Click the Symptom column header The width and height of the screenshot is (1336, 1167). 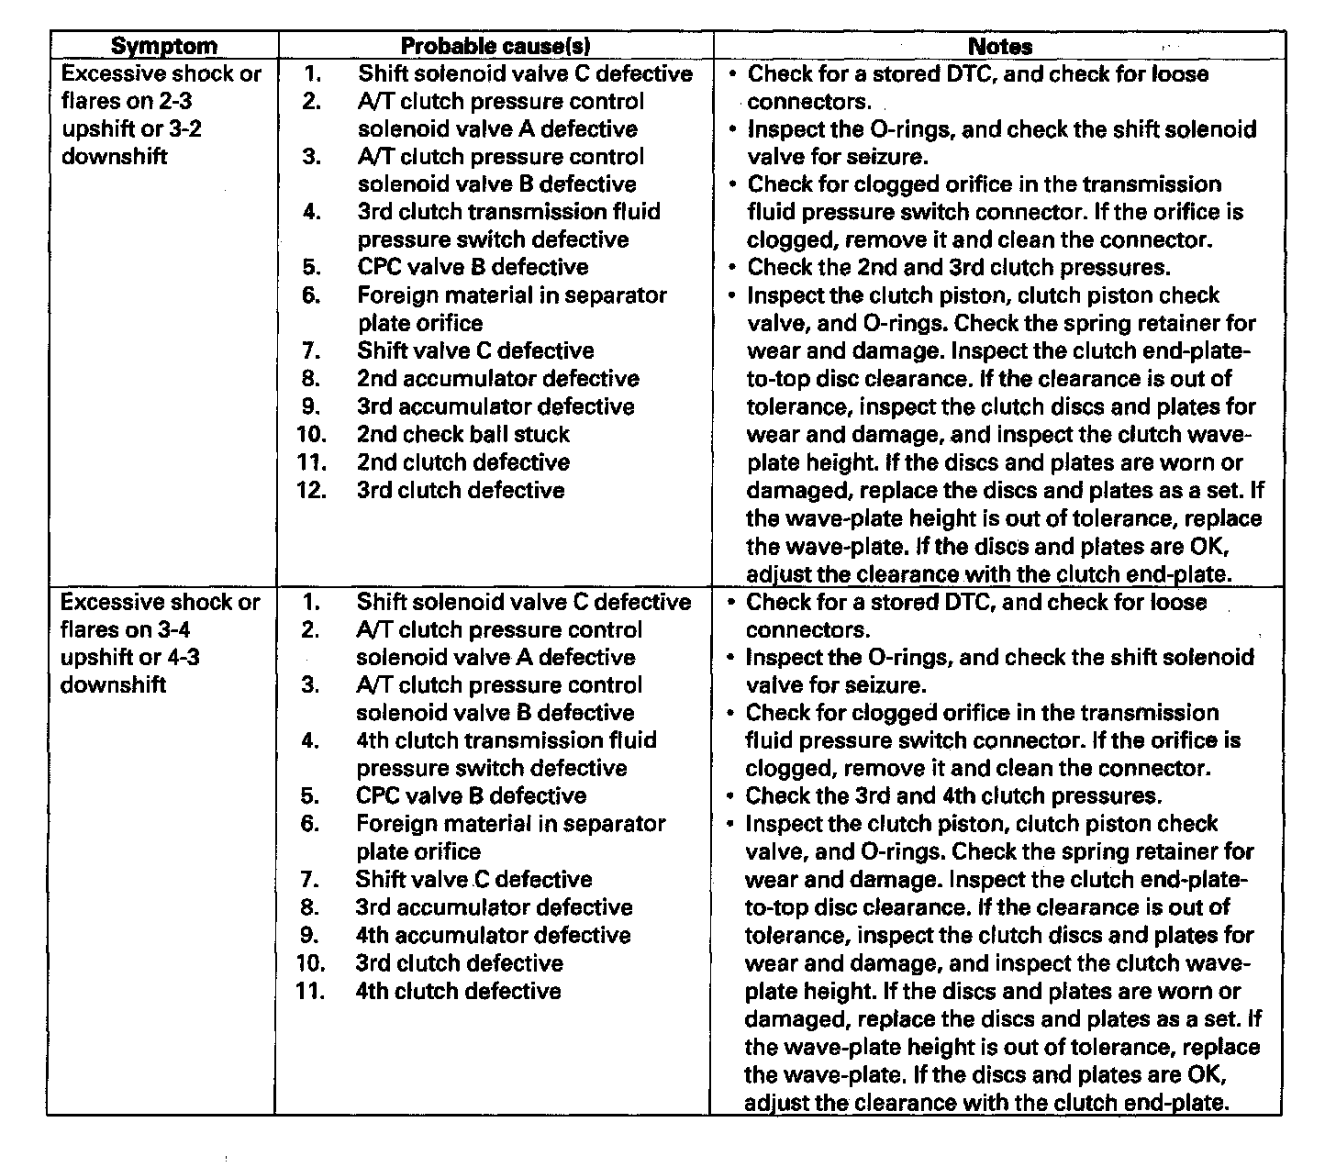tap(164, 47)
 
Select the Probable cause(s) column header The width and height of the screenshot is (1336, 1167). tap(495, 47)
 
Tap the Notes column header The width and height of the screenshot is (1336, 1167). tap(1000, 47)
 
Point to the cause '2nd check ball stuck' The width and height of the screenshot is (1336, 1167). tap(463, 434)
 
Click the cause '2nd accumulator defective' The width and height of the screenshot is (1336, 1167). tap(498, 379)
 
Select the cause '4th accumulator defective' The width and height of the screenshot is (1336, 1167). tap(494, 936)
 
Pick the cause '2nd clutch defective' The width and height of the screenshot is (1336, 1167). tap(463, 462)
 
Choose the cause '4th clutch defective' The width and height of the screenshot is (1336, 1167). tap(458, 991)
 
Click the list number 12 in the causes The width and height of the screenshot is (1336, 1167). tap(312, 490)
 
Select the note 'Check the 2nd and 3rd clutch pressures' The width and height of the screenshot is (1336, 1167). tap(959, 268)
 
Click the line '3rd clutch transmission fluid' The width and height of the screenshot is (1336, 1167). tap(509, 212)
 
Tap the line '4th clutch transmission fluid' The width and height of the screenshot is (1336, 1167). tap(507, 740)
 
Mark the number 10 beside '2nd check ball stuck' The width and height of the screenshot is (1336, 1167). tap(312, 434)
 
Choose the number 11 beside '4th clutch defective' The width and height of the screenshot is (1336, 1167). tap(312, 991)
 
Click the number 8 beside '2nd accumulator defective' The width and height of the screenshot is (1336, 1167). tap(311, 379)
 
